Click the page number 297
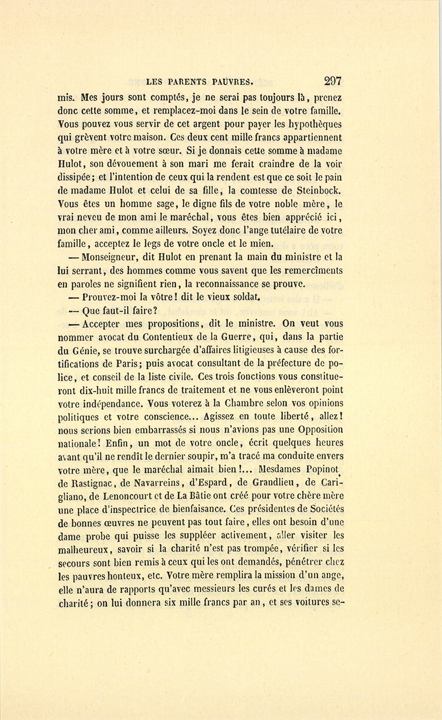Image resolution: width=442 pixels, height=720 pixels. coord(332,81)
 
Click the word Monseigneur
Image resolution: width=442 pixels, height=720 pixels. coord(107,257)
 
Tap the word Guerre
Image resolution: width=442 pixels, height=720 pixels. coord(237,337)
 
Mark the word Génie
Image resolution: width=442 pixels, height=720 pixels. coord(84,350)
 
